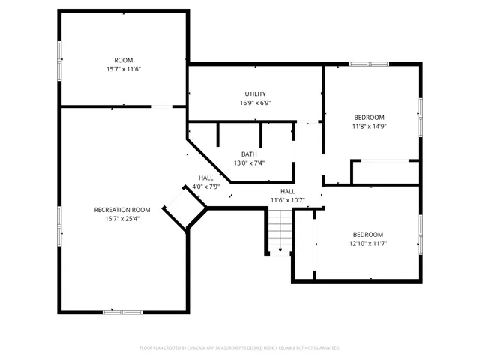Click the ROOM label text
click(123, 60)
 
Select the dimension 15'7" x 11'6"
click(123, 69)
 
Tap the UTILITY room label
click(255, 94)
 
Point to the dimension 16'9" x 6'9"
click(255, 103)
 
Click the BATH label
click(249, 154)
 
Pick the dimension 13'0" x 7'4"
click(249, 163)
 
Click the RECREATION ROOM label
click(122, 210)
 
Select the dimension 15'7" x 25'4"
click(122, 219)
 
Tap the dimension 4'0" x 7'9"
click(205, 187)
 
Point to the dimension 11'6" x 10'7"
click(288, 200)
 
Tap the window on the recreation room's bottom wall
click(122, 310)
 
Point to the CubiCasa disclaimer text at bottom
click(240, 348)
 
